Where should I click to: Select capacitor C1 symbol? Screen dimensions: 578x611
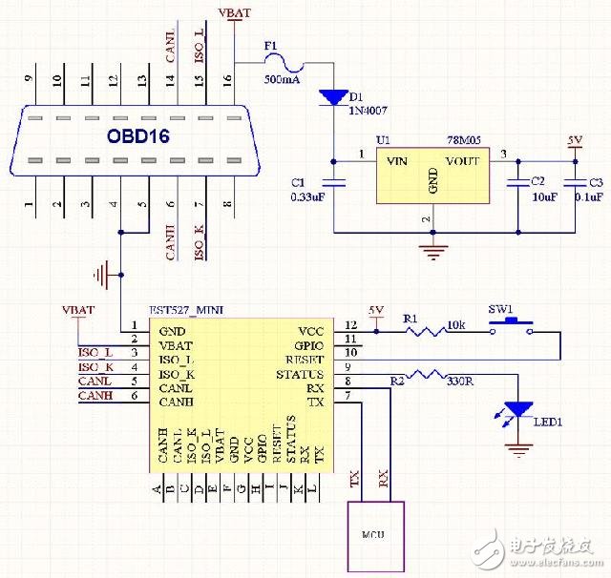332,182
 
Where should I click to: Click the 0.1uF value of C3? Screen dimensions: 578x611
587,196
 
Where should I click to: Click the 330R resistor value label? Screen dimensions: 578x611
460,382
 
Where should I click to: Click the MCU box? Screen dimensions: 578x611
374,534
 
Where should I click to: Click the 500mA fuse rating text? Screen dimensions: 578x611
280,79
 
